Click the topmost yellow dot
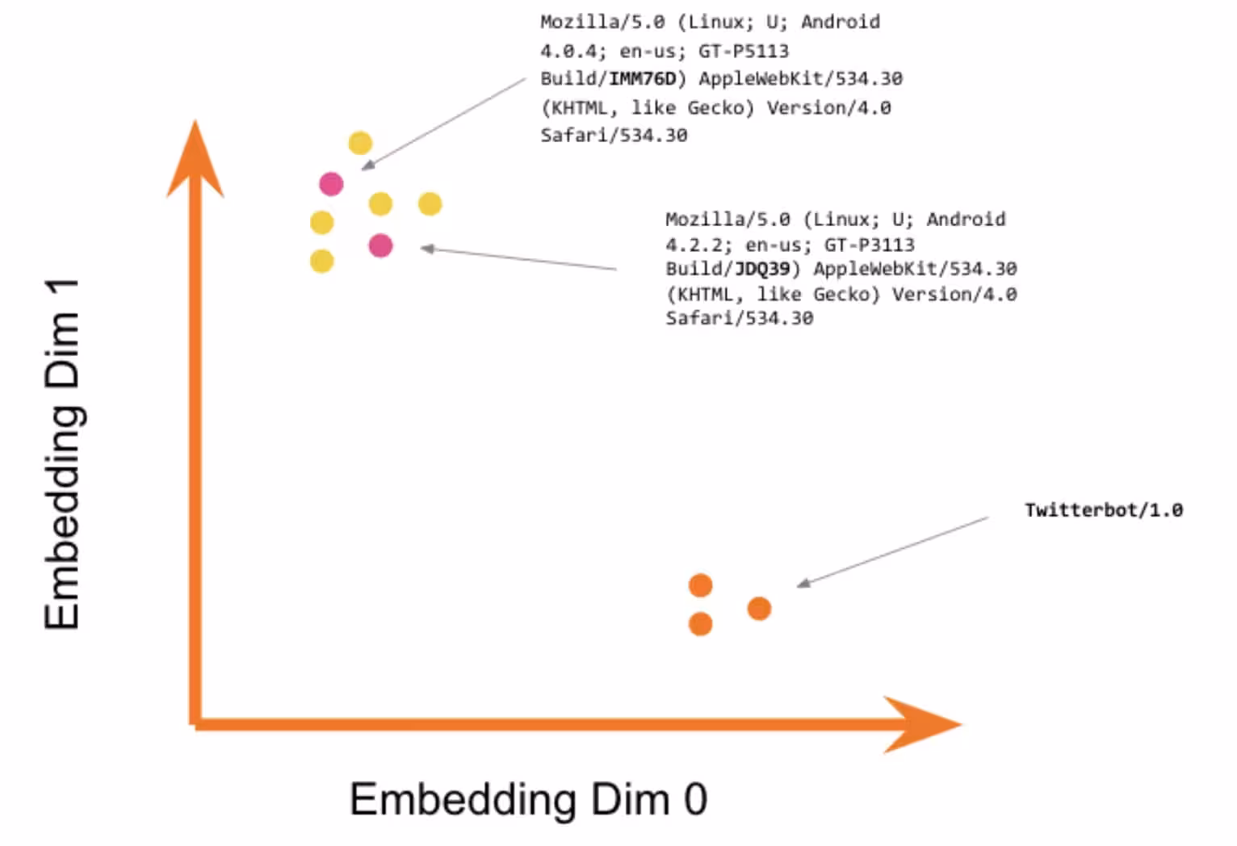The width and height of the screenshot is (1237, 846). tap(360, 144)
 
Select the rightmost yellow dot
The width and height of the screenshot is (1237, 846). tap(430, 203)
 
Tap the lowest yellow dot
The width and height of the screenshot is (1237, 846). tap(321, 261)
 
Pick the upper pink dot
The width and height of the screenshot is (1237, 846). tap(331, 184)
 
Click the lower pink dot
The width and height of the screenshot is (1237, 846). tap(380, 245)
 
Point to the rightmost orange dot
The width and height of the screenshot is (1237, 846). tap(759, 608)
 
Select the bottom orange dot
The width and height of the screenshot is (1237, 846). tap(700, 624)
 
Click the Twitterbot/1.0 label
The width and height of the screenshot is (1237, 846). tap(1103, 510)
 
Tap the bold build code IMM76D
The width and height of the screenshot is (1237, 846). tap(642, 79)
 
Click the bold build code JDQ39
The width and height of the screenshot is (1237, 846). tap(761, 269)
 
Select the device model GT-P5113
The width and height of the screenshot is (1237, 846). tap(743, 51)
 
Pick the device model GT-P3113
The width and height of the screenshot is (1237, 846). tap(869, 245)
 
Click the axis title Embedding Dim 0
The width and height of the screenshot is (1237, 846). tap(528, 799)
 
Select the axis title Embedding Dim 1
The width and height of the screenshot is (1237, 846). tap(63, 454)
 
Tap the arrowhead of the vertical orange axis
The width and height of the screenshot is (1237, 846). tap(195, 161)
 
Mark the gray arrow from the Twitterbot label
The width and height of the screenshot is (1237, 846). tap(892, 551)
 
